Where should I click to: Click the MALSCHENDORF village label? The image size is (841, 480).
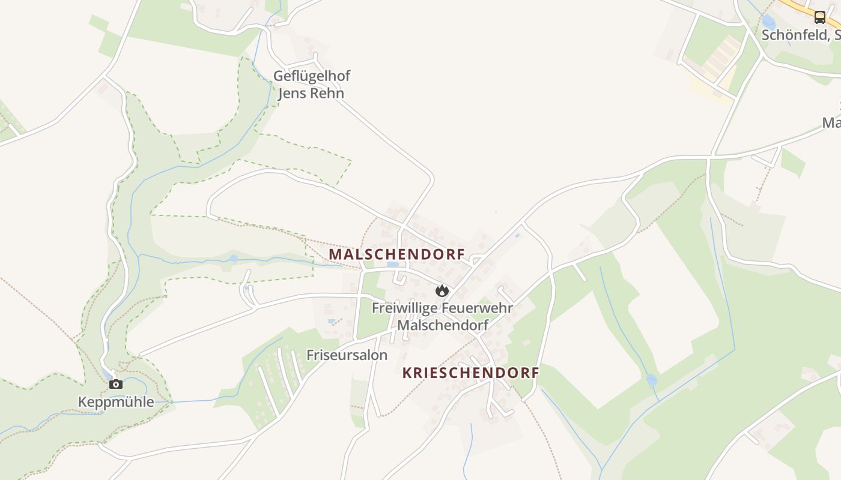(x=396, y=254)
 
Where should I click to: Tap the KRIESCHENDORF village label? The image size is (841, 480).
(x=470, y=373)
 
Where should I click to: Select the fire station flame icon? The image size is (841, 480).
(x=442, y=291)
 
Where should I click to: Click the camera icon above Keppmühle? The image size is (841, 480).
(x=116, y=384)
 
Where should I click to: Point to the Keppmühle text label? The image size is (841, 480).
(x=116, y=402)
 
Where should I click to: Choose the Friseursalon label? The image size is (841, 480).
(x=347, y=355)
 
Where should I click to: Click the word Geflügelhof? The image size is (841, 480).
(x=311, y=76)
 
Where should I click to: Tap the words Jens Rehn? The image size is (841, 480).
(x=311, y=94)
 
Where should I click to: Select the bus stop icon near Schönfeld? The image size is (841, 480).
(x=820, y=17)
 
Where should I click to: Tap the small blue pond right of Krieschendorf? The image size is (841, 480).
(x=651, y=380)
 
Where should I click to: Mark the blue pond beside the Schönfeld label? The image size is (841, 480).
(x=768, y=22)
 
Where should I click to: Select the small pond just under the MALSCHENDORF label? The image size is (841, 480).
(x=393, y=264)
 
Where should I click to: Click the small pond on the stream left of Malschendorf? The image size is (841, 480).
(x=233, y=259)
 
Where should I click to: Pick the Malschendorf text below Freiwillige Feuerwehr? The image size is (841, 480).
(x=443, y=325)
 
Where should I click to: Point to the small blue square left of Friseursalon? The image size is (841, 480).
(x=331, y=322)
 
